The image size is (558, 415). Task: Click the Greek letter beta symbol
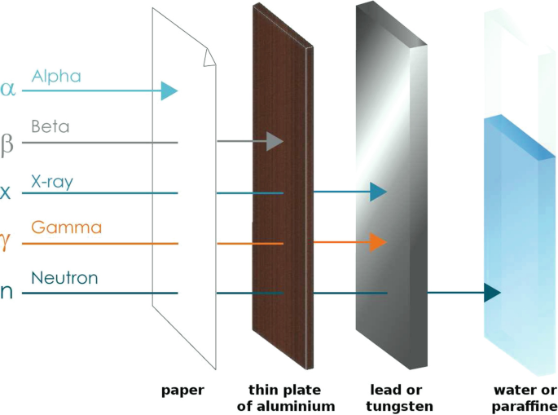click(7, 144)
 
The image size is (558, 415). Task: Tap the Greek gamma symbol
click(7, 244)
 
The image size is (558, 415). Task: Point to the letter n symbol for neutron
click(7, 293)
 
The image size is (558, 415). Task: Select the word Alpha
click(56, 77)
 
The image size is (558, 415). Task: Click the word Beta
click(50, 127)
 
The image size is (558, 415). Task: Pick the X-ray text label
click(52, 181)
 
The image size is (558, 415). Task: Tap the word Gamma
click(66, 227)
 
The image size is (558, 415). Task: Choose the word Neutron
click(64, 279)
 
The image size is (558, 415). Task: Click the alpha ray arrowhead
click(169, 90)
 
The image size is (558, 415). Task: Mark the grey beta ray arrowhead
click(274, 142)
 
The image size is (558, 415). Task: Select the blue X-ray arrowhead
click(378, 192)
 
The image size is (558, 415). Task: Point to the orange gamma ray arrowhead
click(378, 242)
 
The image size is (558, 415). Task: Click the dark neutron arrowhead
click(492, 292)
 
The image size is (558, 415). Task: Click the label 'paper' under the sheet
click(183, 391)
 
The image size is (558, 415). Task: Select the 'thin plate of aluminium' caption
click(292, 398)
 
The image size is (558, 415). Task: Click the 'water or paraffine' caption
click(525, 398)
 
